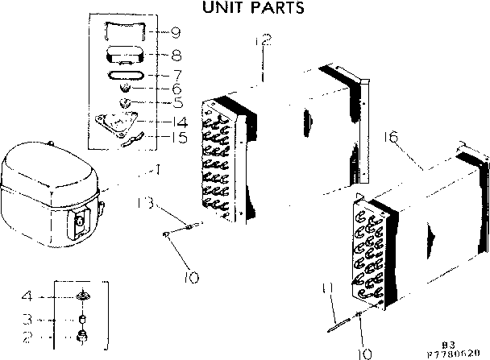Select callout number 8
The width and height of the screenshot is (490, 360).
coord(175,56)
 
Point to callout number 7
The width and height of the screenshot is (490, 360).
coord(175,74)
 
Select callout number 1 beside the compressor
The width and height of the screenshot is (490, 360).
coord(157,170)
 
